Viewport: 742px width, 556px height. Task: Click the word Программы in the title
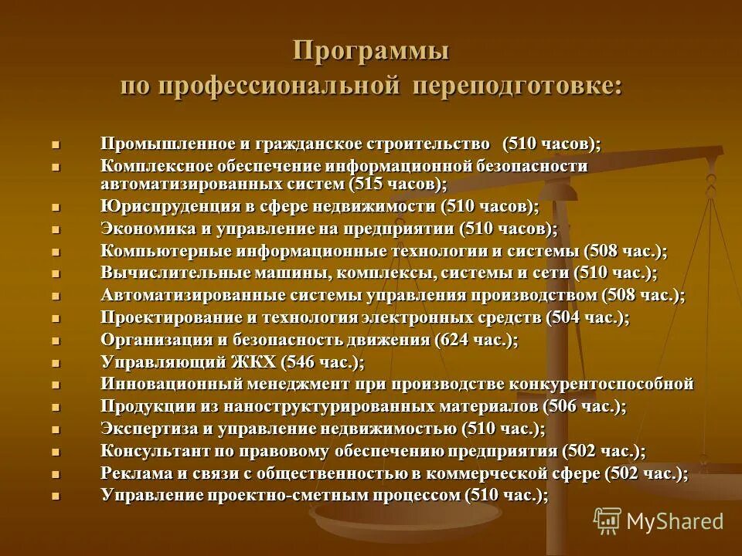[x=371, y=52]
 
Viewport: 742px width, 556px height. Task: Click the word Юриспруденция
[x=165, y=206]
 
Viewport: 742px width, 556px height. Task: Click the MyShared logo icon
[x=608, y=520]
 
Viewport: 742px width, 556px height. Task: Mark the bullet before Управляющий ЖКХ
[x=55, y=362]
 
